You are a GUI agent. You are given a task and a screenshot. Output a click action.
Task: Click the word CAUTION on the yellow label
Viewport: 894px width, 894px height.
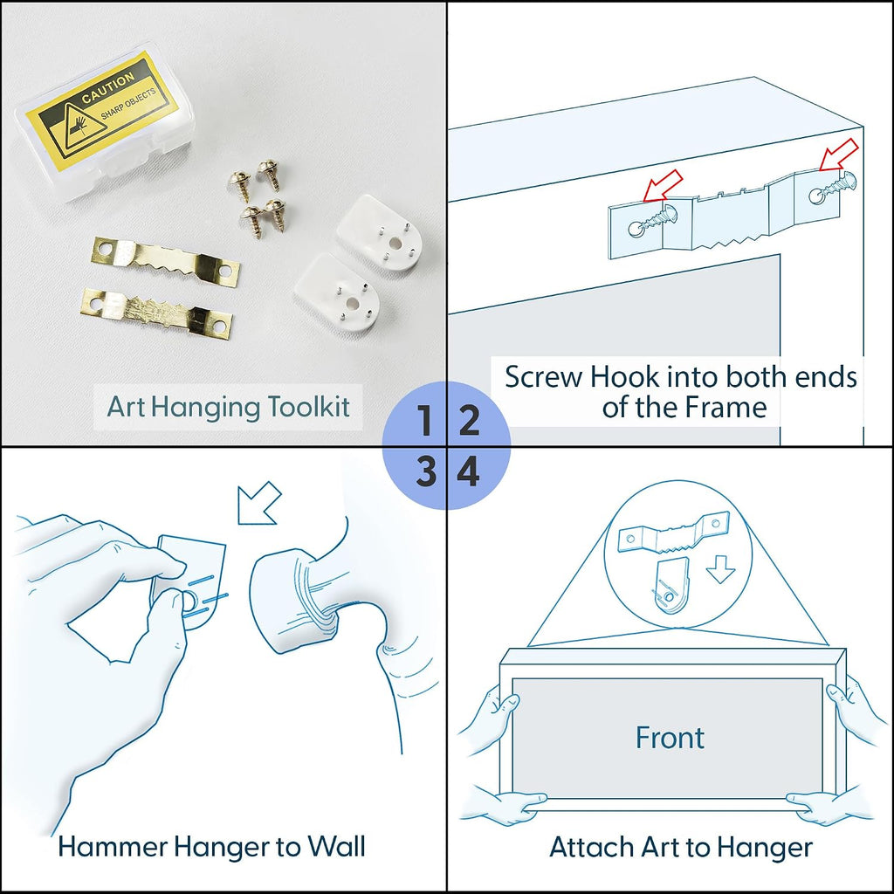108,88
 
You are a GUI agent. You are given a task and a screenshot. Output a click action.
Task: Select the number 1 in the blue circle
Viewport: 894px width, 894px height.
424,421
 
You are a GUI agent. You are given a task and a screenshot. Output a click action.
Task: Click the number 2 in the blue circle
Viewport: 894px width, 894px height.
469,421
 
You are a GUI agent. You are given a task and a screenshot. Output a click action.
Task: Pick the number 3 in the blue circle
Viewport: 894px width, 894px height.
425,472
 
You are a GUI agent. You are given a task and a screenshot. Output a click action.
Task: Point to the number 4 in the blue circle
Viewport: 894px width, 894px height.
469,472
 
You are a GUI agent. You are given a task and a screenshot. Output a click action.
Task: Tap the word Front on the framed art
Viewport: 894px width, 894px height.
670,737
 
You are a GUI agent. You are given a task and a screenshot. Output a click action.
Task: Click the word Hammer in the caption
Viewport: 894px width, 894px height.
113,847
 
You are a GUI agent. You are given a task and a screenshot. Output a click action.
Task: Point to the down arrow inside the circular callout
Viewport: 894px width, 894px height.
720,570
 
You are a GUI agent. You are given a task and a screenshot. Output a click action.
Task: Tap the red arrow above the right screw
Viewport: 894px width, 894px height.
839,155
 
